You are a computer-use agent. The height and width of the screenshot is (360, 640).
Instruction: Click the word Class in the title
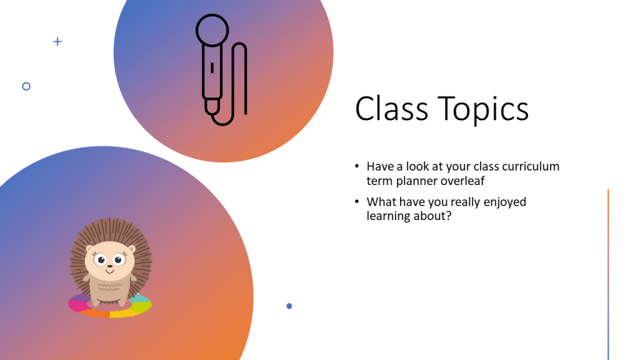391,109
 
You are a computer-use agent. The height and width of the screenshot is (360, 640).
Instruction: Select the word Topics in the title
483,109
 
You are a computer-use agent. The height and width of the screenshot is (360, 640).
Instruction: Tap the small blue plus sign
57,42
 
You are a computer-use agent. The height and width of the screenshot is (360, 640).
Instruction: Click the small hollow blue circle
26,86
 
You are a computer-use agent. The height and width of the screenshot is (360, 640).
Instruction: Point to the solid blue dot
289,306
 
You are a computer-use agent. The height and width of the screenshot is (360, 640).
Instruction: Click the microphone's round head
212,30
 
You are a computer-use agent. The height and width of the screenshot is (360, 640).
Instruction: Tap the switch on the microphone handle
212,67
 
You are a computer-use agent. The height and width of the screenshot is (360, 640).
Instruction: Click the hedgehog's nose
109,266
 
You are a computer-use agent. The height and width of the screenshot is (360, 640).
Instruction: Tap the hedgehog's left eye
100,259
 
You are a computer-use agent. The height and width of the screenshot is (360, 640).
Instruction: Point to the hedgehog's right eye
118,259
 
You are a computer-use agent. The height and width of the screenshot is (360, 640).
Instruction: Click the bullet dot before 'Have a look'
357,166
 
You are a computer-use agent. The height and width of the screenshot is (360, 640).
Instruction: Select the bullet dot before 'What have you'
357,201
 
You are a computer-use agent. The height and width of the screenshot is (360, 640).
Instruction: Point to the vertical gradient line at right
608,274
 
